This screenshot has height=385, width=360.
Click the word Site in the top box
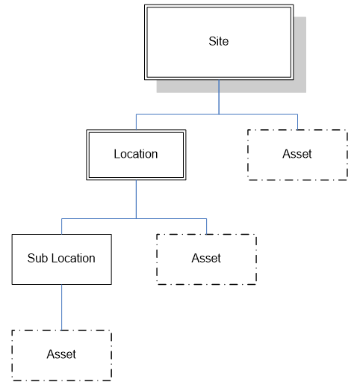tap(218, 41)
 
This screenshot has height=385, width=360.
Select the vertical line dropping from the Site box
tap(218, 97)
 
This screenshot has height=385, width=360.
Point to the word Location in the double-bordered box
tap(136, 154)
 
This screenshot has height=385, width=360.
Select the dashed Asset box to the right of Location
tap(297, 168)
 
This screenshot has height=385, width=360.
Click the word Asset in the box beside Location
tap(297, 154)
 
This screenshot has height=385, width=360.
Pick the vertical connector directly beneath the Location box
tap(136, 198)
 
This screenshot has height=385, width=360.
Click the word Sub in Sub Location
tap(37, 259)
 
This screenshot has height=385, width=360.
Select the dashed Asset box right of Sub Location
tap(206, 273)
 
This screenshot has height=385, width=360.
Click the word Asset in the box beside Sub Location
tap(206, 259)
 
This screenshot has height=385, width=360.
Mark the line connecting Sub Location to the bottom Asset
tap(61, 307)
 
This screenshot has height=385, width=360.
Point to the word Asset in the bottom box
tap(61, 354)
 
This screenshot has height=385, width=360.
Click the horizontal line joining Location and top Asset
tap(217, 114)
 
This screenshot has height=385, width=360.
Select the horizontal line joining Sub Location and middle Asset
tap(134, 218)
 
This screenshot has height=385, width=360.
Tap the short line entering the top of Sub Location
tap(61, 226)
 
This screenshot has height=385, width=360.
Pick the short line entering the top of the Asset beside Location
tap(297, 122)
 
